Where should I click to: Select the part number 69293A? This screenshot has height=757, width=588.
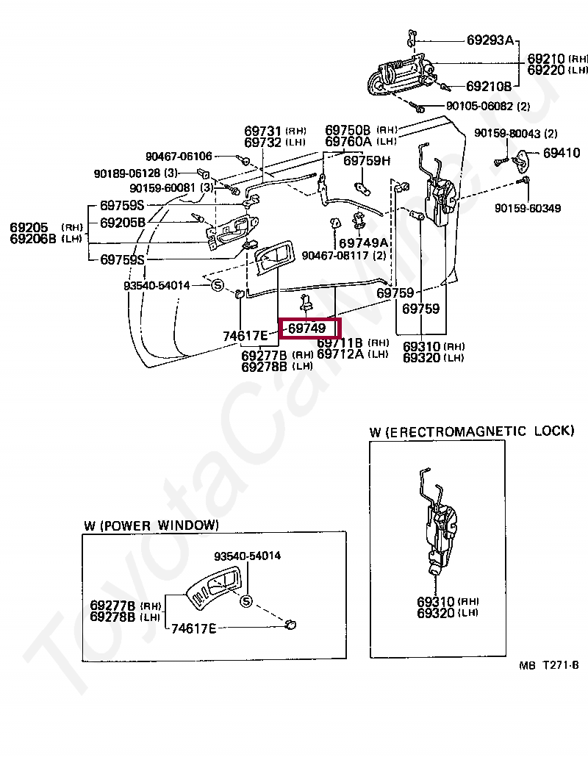(x=490, y=40)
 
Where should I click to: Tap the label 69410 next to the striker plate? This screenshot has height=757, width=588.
(x=562, y=154)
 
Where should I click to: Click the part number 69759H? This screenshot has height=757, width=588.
(x=367, y=160)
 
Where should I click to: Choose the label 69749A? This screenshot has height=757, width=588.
(x=363, y=243)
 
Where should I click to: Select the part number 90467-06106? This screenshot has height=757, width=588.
(x=178, y=156)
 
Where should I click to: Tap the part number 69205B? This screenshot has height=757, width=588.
(x=123, y=222)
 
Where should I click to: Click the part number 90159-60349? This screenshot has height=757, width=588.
(x=527, y=208)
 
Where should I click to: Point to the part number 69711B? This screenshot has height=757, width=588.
(x=340, y=342)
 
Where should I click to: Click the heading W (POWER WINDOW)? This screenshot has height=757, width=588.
(x=151, y=525)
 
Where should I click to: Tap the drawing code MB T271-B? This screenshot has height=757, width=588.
(x=548, y=665)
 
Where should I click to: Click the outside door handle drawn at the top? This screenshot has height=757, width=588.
(x=400, y=77)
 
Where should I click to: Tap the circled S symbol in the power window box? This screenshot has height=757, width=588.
(x=246, y=602)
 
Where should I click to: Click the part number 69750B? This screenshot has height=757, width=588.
(x=348, y=130)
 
